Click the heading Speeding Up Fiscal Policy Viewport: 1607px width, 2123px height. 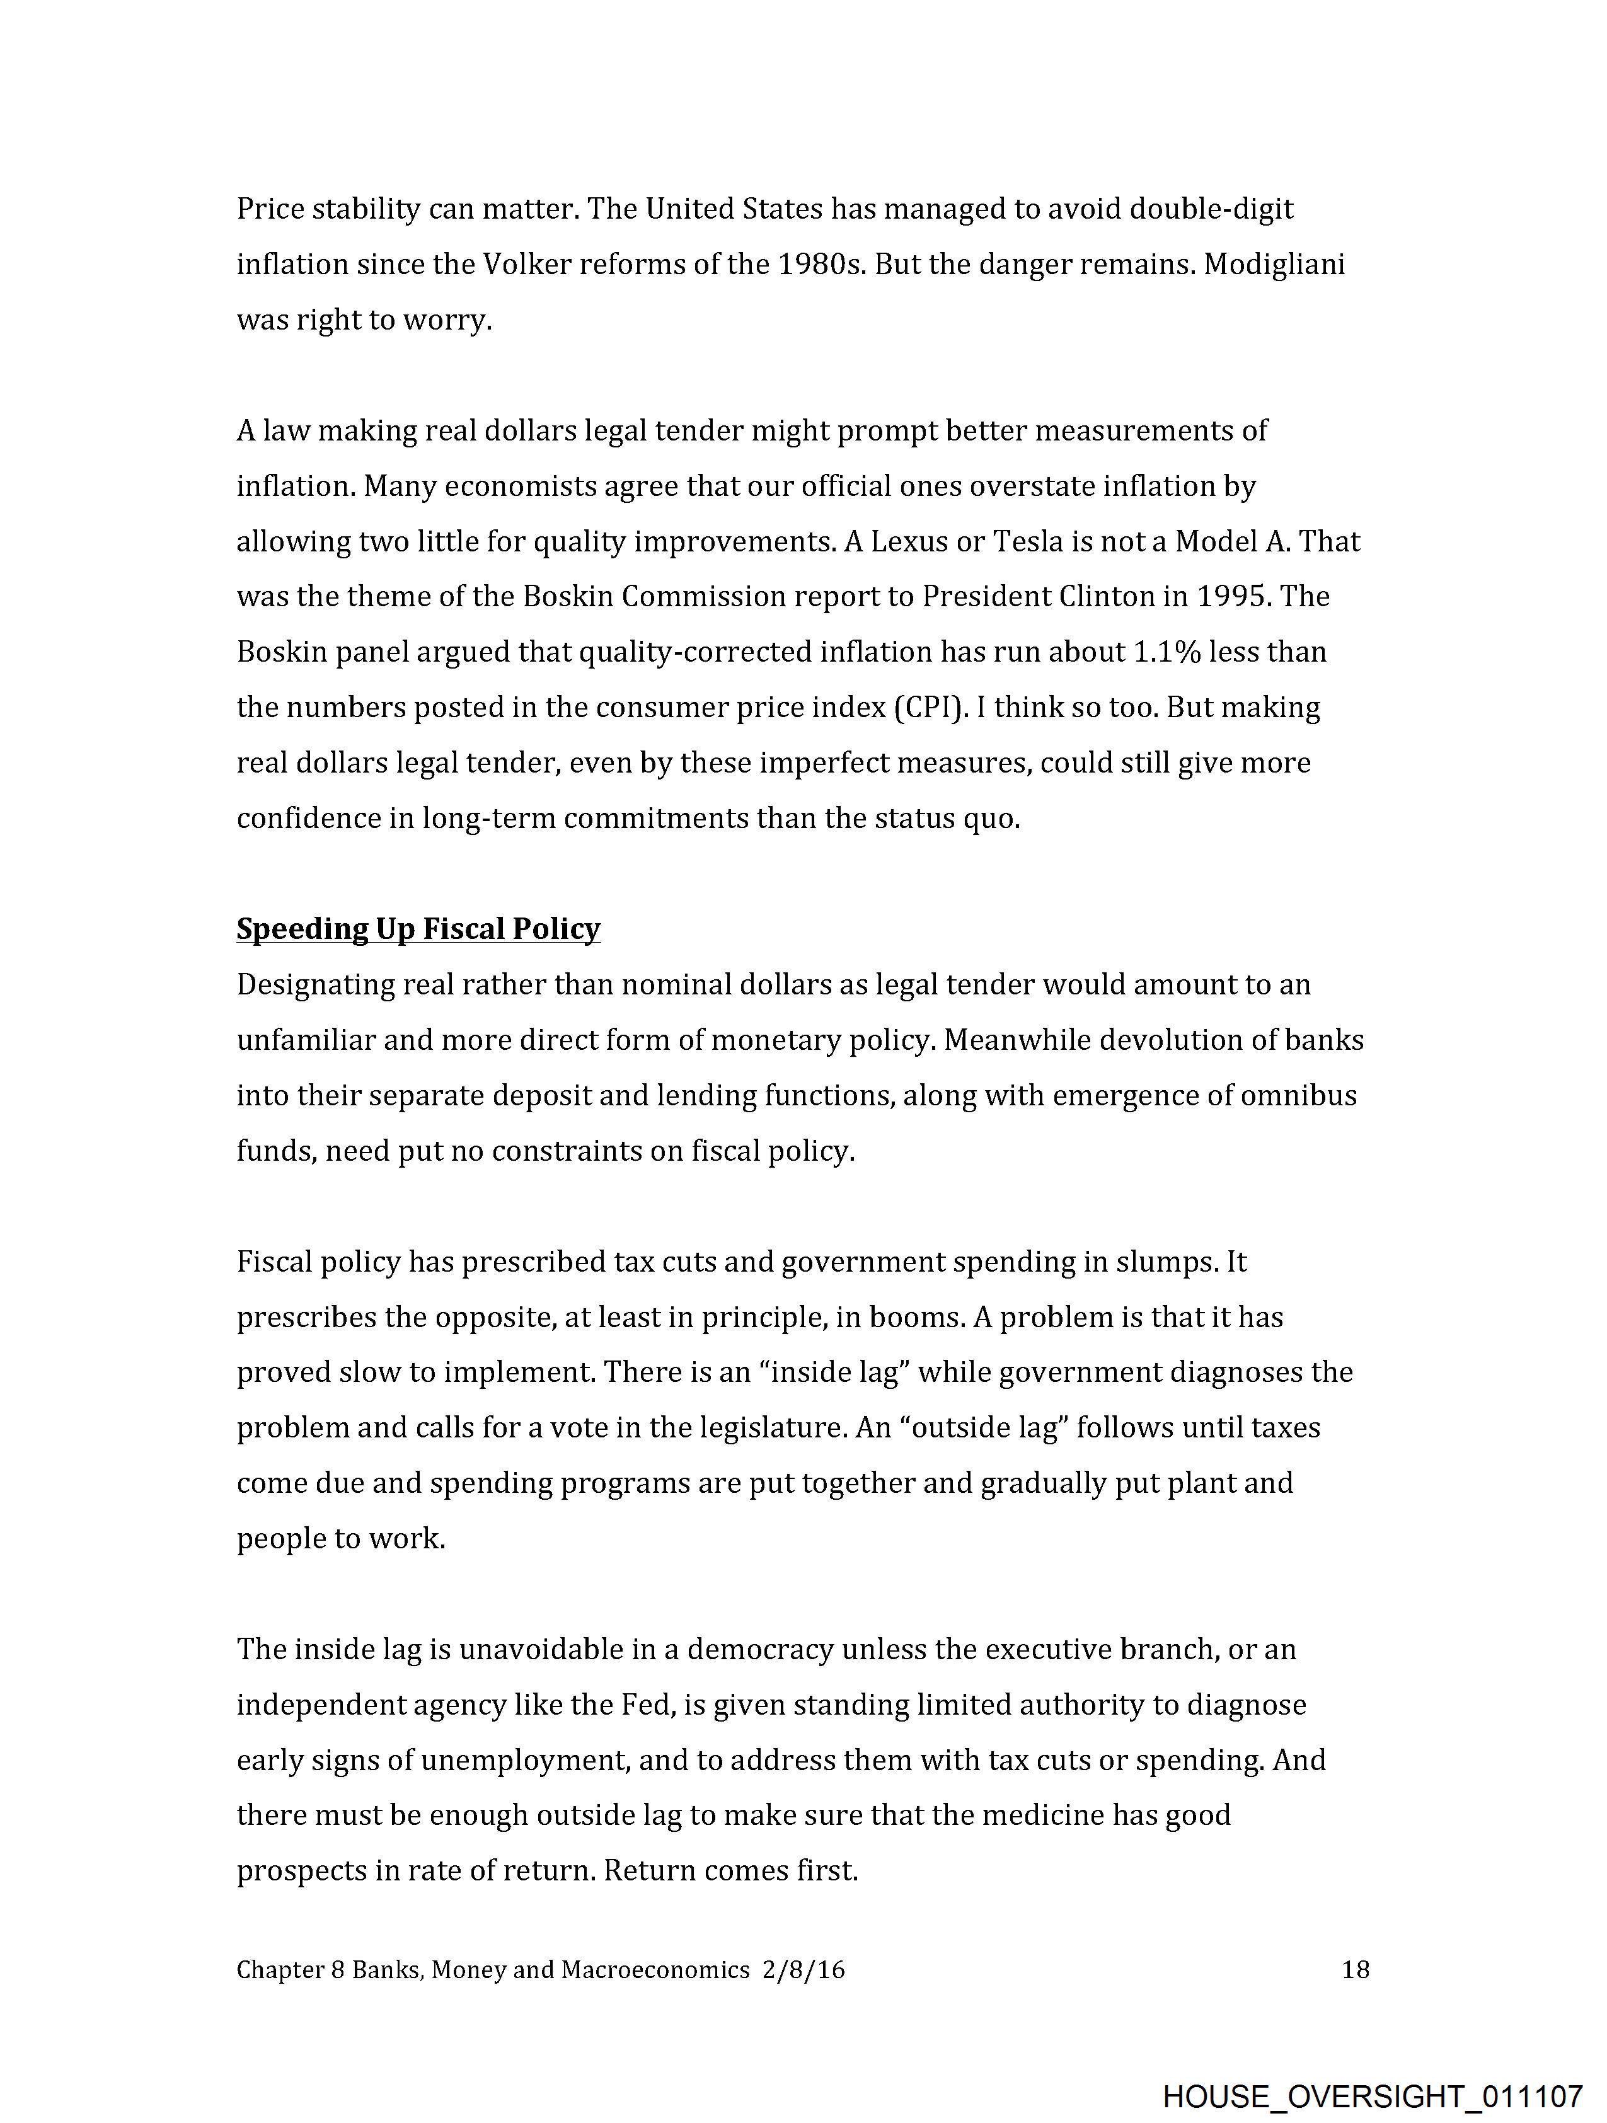(x=418, y=929)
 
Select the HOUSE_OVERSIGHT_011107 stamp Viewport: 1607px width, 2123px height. (x=1372, y=2095)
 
